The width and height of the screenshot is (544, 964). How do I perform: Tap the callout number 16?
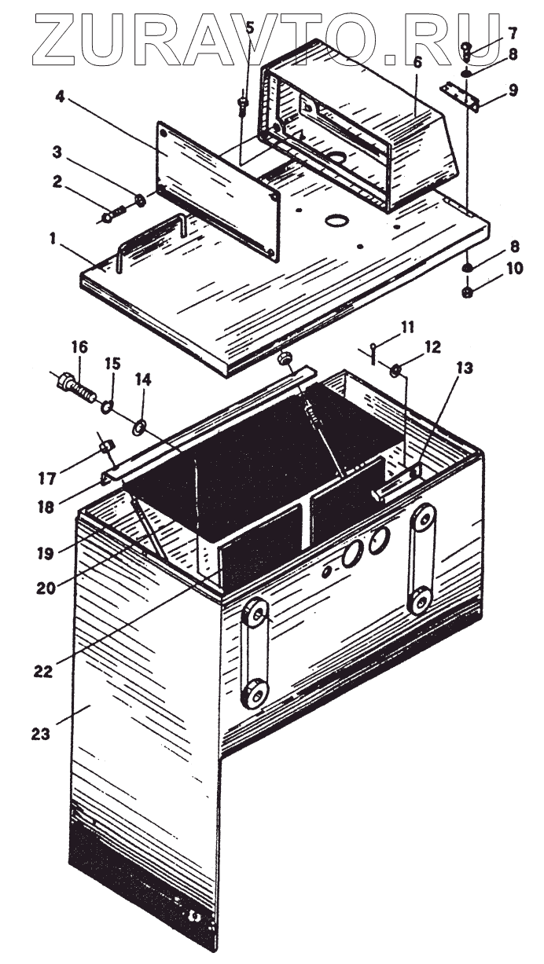point(79,347)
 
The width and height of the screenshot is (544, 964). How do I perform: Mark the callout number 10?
point(513,269)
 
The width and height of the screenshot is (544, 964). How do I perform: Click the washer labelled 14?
point(140,427)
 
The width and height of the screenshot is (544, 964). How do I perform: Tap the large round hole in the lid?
point(339,221)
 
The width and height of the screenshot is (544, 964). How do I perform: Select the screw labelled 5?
point(244,101)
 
